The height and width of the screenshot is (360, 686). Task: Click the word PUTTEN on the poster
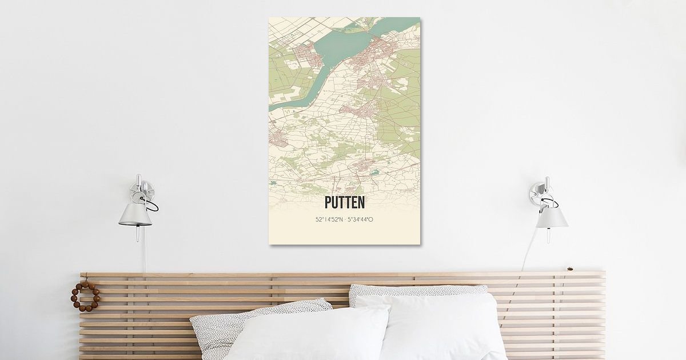pyautogui.click(x=344, y=203)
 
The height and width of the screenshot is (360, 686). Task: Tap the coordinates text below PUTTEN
pyautogui.click(x=344, y=219)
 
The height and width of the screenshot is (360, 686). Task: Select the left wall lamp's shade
pyautogui.click(x=135, y=214)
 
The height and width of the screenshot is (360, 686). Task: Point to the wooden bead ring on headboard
pyautogui.click(x=85, y=296)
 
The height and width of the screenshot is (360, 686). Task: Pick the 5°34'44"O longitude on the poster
pyautogui.click(x=361, y=219)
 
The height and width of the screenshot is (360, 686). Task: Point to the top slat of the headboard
pyautogui.click(x=343, y=275)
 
